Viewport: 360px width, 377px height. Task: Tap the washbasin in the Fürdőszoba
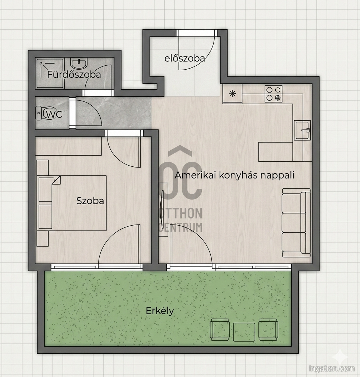coord(79,64)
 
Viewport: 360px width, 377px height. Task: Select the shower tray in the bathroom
coord(50,74)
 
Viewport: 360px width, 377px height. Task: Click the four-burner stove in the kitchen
coord(274,94)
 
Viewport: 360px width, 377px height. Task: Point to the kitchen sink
coord(302,130)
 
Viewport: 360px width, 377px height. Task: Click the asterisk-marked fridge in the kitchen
coord(232,94)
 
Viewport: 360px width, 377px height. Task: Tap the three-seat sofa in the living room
coord(296,223)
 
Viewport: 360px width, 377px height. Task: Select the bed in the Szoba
coord(72,203)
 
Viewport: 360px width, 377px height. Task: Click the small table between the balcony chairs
coord(244,332)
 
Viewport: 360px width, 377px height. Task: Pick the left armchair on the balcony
coord(220,330)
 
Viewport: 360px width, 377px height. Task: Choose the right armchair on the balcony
coord(268,330)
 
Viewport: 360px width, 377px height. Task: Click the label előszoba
coord(185,59)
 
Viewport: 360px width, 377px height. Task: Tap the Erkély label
coord(160,311)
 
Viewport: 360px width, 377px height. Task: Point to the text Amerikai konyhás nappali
coord(235,175)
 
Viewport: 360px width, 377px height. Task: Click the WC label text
coord(54,115)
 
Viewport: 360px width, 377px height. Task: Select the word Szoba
coord(90,201)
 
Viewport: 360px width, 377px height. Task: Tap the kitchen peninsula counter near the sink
coord(276,152)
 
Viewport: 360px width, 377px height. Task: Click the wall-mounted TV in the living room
coord(162,209)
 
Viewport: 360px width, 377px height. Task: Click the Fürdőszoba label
coord(74,75)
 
